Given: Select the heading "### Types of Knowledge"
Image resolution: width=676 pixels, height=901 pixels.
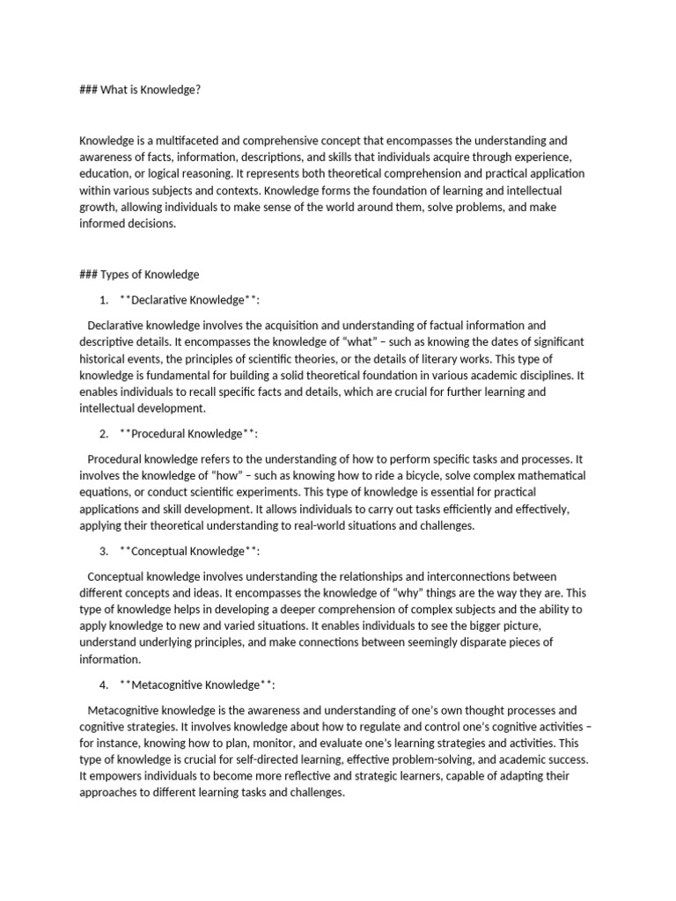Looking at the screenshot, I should [139, 275].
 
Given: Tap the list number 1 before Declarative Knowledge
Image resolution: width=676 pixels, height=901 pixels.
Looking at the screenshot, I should [104, 300].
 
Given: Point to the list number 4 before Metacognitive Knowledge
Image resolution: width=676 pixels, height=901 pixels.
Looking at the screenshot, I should [104, 685].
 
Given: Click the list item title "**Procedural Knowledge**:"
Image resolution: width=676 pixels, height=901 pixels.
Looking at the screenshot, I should [189, 434].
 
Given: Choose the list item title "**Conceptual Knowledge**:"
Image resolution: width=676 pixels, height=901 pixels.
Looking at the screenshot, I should [189, 551].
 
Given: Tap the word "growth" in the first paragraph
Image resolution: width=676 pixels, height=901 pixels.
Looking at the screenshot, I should [98, 208].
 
